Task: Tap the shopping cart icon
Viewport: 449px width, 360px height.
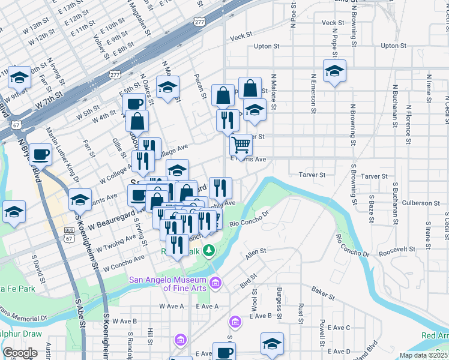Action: tap(241, 144)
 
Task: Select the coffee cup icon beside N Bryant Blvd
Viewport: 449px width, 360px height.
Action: tap(40, 154)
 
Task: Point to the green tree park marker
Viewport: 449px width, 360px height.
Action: tap(208, 250)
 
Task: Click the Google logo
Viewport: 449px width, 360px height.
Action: tap(19, 353)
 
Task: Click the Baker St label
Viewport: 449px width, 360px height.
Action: tap(322, 293)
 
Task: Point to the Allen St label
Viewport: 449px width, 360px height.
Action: tap(256, 254)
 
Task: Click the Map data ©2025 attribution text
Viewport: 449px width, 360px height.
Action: tap(424, 355)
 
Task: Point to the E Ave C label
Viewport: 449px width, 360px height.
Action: tap(339, 328)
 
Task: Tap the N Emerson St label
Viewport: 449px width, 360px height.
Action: tap(313, 94)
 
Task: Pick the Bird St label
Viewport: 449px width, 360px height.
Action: tap(248, 280)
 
